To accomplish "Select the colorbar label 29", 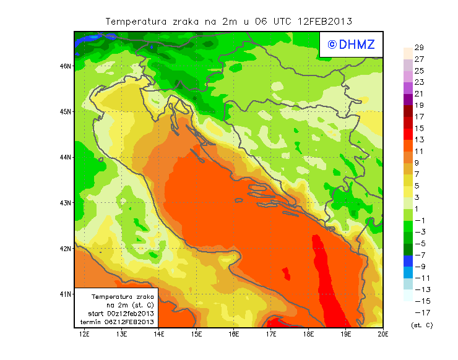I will pyautogui.click(x=419, y=48).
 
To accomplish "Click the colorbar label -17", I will pyautogui.click(x=420, y=313).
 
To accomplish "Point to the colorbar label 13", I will pyautogui.click(x=419, y=140).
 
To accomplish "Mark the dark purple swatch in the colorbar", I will pyautogui.click(x=407, y=99).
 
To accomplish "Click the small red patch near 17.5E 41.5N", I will pyautogui.click(x=286, y=273).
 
